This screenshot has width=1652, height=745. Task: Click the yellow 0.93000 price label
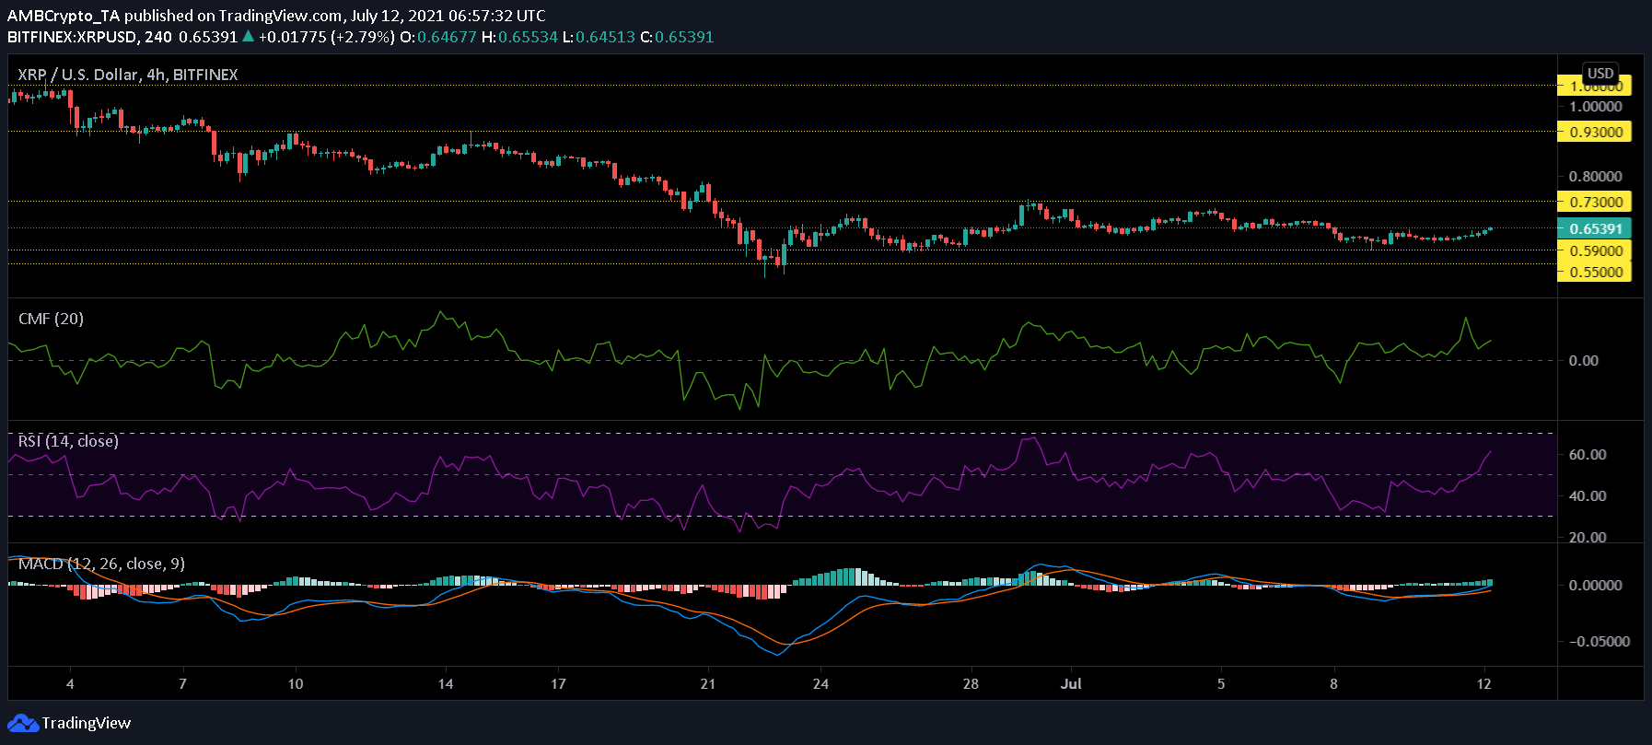(1595, 132)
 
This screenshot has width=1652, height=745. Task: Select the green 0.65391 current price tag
(1595, 228)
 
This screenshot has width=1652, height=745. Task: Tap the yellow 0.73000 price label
(1595, 202)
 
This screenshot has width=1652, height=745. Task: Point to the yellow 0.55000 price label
(1595, 272)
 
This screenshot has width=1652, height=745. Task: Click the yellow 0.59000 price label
(1595, 250)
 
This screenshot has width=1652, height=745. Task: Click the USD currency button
(1600, 74)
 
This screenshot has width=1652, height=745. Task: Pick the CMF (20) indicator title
(51, 319)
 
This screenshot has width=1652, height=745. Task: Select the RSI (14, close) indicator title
(68, 441)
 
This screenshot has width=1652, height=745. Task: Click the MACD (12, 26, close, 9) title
(101, 564)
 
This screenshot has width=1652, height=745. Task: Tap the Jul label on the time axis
(1070, 683)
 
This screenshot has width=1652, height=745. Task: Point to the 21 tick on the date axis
(707, 683)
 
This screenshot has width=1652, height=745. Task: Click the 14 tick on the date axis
(445, 683)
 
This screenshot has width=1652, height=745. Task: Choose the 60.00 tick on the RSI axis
(1588, 454)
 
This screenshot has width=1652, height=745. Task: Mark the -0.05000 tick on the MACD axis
(1593, 641)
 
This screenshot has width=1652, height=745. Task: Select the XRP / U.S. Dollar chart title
(127, 75)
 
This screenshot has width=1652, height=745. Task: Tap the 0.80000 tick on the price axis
(1595, 176)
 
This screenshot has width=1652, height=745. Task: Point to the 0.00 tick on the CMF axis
(1583, 360)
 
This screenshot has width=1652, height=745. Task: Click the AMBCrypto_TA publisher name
(63, 16)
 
